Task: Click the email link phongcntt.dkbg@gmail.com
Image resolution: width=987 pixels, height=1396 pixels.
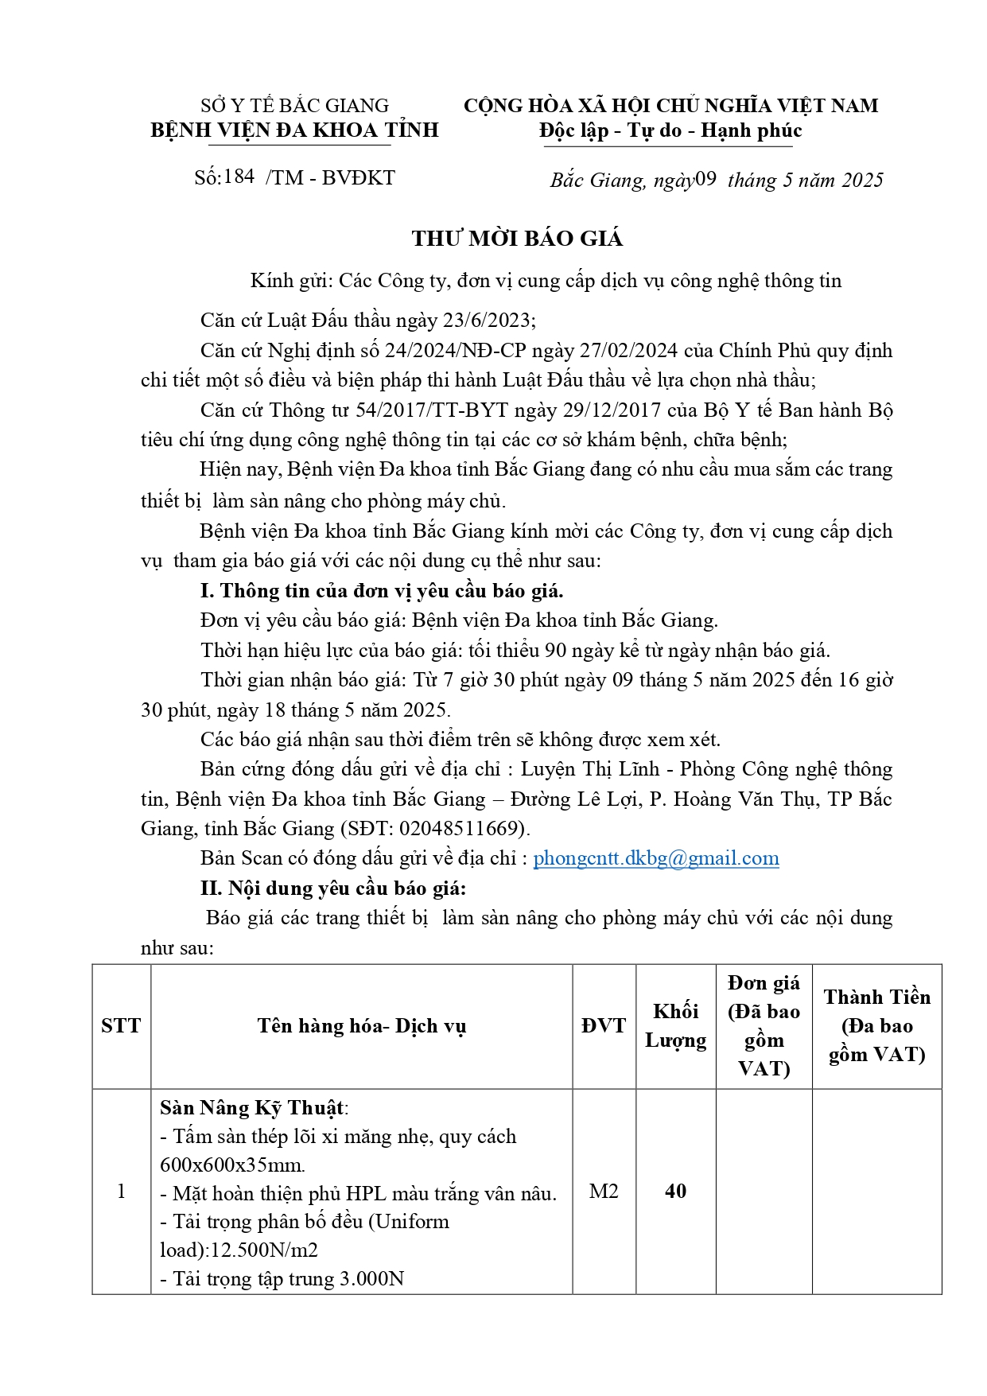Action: (x=655, y=858)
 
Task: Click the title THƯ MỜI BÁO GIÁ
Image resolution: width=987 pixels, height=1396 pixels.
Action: (x=517, y=239)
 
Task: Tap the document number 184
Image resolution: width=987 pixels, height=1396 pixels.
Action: (x=239, y=177)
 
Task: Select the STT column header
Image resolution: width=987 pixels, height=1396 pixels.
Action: (x=121, y=1026)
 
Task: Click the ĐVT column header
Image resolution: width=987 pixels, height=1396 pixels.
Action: (x=604, y=1026)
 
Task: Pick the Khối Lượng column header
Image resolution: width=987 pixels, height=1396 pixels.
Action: (x=675, y=1026)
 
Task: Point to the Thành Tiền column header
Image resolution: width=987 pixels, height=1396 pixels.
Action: (x=876, y=1026)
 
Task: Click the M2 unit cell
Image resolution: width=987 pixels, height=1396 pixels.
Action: (x=604, y=1191)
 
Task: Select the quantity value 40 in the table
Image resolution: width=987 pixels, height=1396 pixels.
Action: (x=675, y=1191)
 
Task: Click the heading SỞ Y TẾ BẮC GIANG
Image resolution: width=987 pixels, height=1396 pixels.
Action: (x=294, y=106)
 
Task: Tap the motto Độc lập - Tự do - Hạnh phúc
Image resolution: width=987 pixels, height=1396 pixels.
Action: (x=670, y=130)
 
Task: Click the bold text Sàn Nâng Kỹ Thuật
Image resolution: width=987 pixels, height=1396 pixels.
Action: (x=252, y=1108)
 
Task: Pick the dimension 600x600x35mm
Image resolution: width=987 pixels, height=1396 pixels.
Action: (x=232, y=1165)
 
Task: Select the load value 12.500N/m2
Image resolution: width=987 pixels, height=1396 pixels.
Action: (x=262, y=1250)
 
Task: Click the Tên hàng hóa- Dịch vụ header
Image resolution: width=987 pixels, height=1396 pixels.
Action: (x=361, y=1026)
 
